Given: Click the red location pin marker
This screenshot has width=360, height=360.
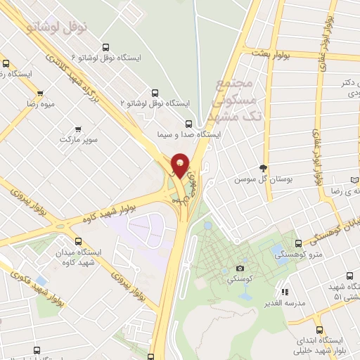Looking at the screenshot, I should [x=180, y=166].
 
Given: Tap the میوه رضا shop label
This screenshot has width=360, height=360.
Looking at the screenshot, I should [x=41, y=103].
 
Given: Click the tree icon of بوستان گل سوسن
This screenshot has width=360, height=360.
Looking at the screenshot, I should [x=264, y=168].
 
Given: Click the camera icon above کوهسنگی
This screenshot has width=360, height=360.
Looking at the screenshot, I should [x=240, y=268].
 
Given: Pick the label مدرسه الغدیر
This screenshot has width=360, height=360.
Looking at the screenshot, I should [x=283, y=302].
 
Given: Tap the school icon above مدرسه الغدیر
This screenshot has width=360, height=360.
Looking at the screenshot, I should [x=284, y=291].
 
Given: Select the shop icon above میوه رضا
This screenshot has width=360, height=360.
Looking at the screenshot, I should [x=41, y=93].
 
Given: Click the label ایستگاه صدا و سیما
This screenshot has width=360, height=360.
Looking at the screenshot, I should [x=193, y=133].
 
